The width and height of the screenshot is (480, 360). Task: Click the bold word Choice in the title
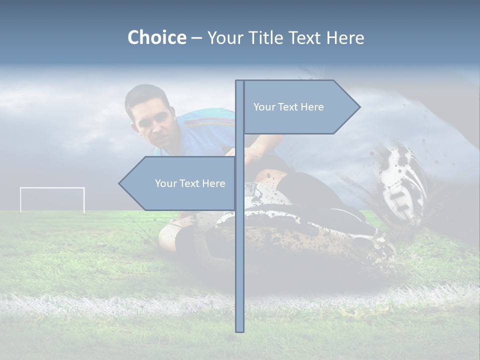tap(156, 38)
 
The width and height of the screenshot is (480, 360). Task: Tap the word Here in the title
tap(345, 38)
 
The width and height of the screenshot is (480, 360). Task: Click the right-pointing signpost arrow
tap(300, 107)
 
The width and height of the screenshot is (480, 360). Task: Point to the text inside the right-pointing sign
tap(288, 107)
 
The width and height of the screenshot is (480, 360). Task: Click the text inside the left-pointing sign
tap(190, 183)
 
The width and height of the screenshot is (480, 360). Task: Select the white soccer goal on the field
tap(52, 199)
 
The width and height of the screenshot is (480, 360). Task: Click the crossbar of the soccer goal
tap(52, 188)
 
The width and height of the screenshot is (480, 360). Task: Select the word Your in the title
tap(223, 38)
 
